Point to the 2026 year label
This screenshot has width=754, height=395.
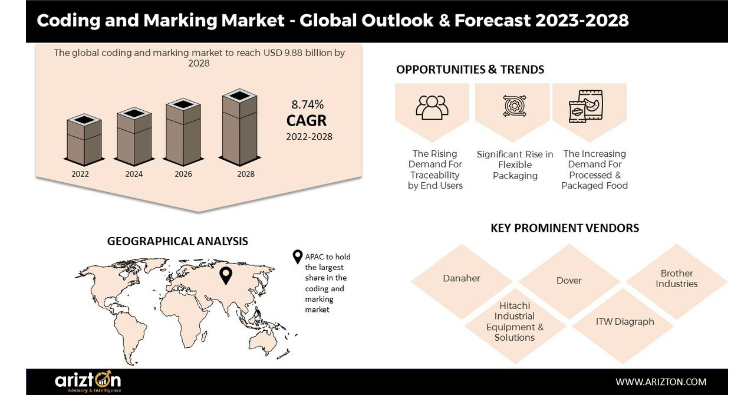[x=184, y=174]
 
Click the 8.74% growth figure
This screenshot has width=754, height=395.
[x=307, y=105]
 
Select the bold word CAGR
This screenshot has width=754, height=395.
[x=307, y=121]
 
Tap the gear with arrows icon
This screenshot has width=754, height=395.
[x=514, y=106]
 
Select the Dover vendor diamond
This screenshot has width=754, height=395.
[x=569, y=281]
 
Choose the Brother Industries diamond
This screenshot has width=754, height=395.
[x=676, y=278]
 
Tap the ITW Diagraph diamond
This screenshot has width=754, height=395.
[x=624, y=322]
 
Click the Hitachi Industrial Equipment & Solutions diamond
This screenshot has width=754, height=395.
[x=514, y=322]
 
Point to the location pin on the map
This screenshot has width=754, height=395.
[x=225, y=275]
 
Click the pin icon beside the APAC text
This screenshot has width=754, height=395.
[x=298, y=258]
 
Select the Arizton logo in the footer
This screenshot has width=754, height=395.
[x=88, y=381]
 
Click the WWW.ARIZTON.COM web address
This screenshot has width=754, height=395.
[x=661, y=382]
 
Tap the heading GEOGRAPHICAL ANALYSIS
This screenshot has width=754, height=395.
[x=177, y=241]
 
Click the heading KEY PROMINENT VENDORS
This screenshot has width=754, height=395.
[x=564, y=228]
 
